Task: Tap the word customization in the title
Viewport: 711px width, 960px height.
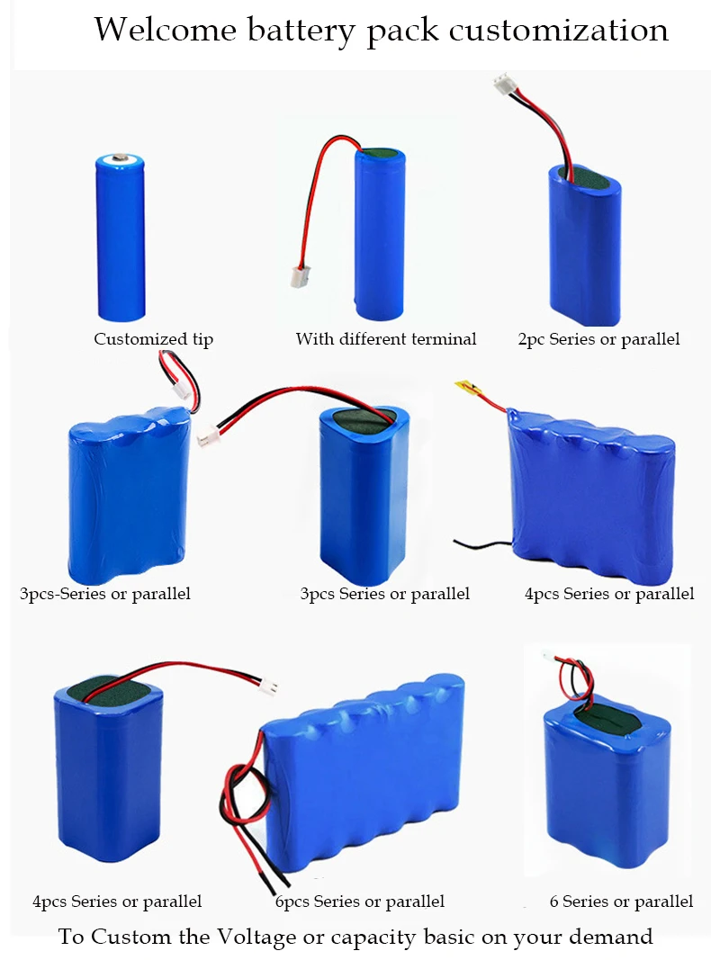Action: pos(558,30)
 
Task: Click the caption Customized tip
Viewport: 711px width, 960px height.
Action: pos(154,339)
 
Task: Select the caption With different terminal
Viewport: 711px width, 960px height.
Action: pos(386,339)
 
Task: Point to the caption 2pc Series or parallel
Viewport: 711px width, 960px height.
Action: pos(598,339)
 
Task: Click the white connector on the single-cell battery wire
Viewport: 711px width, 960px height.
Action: pos(298,273)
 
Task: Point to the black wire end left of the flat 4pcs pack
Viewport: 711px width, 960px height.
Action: pos(459,543)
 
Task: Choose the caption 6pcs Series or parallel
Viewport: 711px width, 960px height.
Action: pos(360,901)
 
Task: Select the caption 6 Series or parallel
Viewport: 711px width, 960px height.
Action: pos(621,901)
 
